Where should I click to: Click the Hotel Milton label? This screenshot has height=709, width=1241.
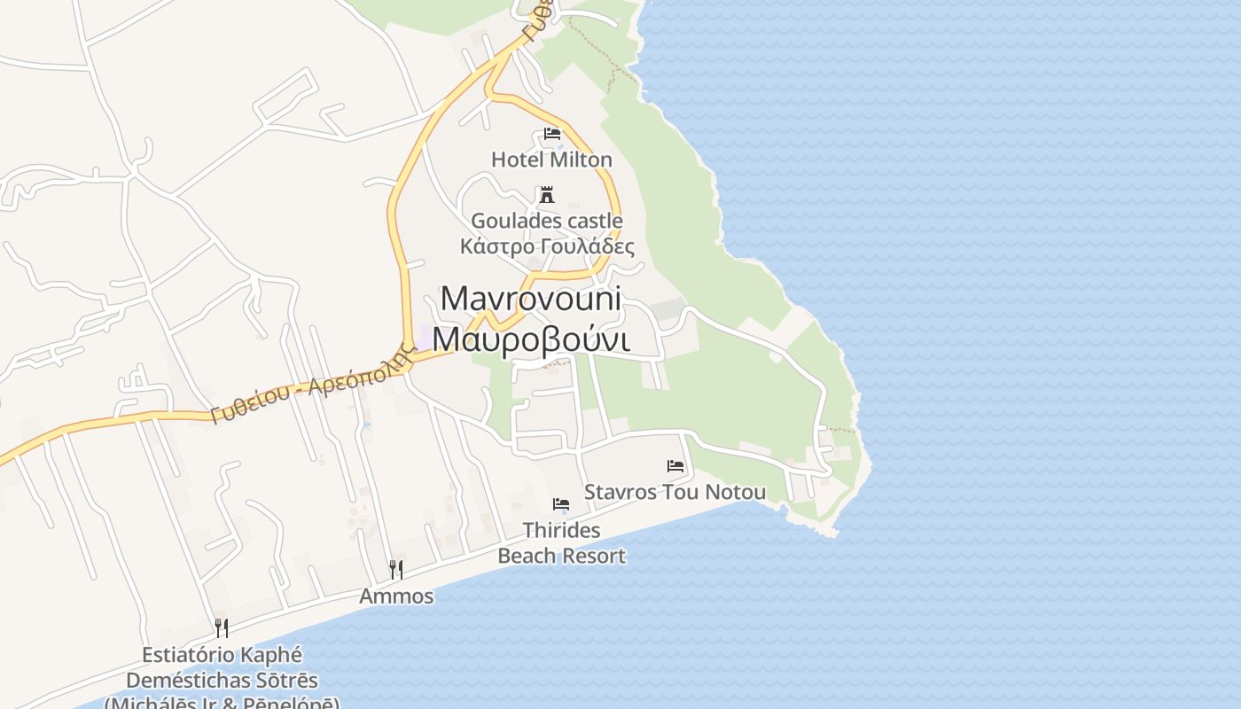click(551, 160)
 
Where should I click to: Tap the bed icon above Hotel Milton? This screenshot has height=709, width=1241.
click(552, 135)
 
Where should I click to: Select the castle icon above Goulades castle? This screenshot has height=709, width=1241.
click(547, 195)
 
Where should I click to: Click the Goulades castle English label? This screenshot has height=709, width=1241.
click(546, 221)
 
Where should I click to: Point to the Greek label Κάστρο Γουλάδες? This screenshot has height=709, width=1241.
click(547, 245)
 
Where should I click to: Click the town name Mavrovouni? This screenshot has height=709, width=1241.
click(531, 299)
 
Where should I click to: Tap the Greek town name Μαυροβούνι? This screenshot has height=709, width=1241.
click(533, 339)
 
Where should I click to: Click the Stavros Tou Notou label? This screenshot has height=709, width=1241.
click(675, 492)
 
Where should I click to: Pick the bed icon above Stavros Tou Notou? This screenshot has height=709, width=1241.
click(675, 466)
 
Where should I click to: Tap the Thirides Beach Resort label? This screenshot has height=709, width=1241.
click(561, 542)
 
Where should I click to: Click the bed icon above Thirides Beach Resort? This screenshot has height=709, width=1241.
click(560, 504)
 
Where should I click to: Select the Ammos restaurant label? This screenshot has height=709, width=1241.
click(396, 596)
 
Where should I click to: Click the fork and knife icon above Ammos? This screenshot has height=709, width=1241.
click(396, 569)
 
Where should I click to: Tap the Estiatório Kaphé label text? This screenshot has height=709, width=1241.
click(222, 656)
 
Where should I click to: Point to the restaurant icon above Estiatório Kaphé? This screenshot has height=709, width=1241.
click(222, 628)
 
